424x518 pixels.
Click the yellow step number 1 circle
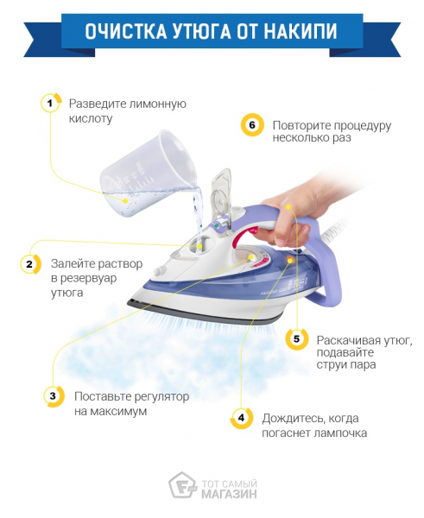coord(50,104)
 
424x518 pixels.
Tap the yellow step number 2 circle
coord(30,264)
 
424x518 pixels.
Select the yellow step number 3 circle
coord(54,395)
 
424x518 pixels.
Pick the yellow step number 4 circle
coord(242,418)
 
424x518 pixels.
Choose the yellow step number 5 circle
coord(296,339)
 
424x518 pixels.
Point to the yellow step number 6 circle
coord(252,125)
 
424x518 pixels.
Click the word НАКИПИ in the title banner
coord(301,31)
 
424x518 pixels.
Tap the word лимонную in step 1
coord(158,104)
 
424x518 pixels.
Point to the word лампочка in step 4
coord(340,433)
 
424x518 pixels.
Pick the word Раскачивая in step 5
coord(348,340)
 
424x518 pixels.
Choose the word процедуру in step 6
coord(362,126)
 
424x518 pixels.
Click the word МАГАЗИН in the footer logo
coord(229,494)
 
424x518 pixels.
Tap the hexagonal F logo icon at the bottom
coord(182,485)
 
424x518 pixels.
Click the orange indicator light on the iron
coord(290,261)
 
